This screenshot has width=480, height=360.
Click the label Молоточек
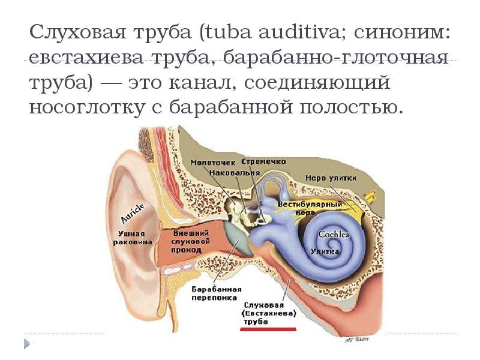210,162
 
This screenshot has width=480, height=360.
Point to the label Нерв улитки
331,178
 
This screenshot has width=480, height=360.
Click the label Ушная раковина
128,237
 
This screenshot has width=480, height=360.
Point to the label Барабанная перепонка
212,293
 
